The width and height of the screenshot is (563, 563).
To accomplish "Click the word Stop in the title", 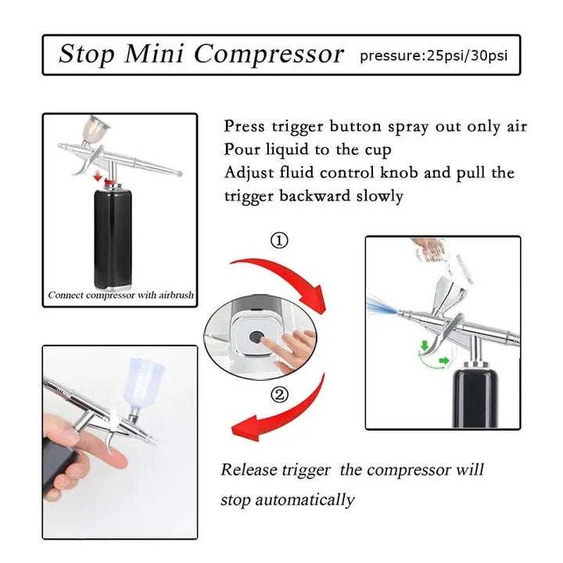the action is pyautogui.click(x=87, y=54).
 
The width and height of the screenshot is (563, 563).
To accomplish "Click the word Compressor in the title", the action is pyautogui.click(x=269, y=54).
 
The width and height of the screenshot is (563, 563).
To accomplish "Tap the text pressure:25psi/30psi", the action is pyautogui.click(x=434, y=56).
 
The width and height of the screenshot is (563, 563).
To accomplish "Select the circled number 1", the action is pyautogui.click(x=279, y=241).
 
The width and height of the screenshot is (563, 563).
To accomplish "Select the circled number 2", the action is pyautogui.click(x=279, y=396).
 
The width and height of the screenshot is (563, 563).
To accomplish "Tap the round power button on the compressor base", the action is pyautogui.click(x=255, y=337).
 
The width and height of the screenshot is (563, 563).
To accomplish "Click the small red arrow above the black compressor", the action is pyautogui.click(x=96, y=176).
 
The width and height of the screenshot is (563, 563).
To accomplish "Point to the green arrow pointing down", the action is pyautogui.click(x=425, y=346).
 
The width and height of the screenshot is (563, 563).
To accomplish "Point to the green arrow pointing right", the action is pyautogui.click(x=444, y=360).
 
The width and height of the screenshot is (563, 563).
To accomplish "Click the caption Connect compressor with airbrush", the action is pyautogui.click(x=120, y=295).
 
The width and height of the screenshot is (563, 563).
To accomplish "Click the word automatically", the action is pyautogui.click(x=305, y=500).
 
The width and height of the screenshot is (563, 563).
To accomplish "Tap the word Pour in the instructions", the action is pyautogui.click(x=242, y=149).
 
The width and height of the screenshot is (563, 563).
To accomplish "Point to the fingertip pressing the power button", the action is pyautogui.click(x=264, y=339).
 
